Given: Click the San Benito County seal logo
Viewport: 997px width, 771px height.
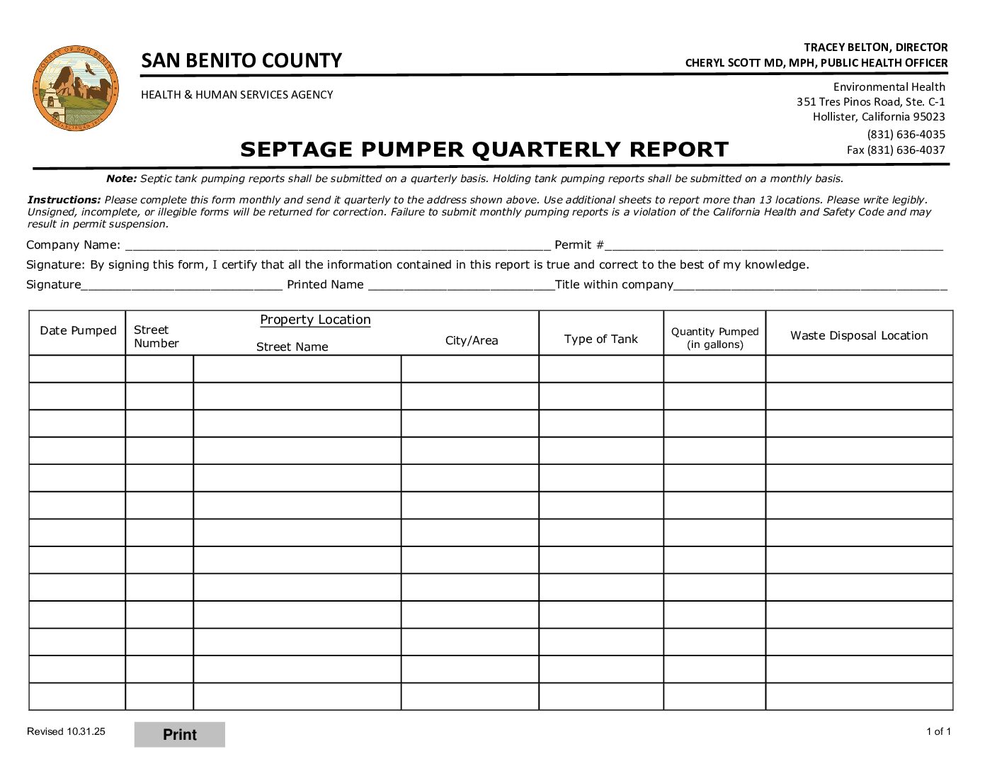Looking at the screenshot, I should [x=76, y=88].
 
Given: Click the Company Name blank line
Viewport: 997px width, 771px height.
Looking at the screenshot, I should [x=337, y=245].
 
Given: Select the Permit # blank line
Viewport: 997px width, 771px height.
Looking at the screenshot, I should [x=773, y=245].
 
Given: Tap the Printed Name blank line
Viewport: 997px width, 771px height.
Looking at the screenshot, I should [x=461, y=285].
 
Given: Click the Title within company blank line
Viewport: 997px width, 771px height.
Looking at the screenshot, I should [x=810, y=285].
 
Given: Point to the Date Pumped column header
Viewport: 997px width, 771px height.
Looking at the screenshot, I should [x=78, y=331].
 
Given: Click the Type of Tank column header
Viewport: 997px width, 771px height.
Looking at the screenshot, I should [x=600, y=339].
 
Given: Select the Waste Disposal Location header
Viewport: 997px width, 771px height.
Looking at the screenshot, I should [x=859, y=336].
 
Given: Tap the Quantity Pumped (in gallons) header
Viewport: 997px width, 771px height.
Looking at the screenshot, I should [x=714, y=338].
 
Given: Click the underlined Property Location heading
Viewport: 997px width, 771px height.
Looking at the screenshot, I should [x=315, y=320].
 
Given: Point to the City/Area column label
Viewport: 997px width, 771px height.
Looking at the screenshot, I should [x=472, y=341].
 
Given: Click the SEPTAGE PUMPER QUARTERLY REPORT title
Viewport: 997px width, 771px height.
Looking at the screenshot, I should [x=484, y=150].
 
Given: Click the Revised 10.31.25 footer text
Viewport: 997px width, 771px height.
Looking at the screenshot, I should [x=66, y=731].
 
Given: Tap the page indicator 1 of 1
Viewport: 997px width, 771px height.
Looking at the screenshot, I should [x=938, y=731].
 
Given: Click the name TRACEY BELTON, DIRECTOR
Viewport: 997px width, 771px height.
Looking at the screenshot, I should [x=875, y=47].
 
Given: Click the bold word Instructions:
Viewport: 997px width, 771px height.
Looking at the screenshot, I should [x=64, y=200].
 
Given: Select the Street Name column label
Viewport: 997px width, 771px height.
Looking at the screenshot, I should [x=292, y=347].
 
